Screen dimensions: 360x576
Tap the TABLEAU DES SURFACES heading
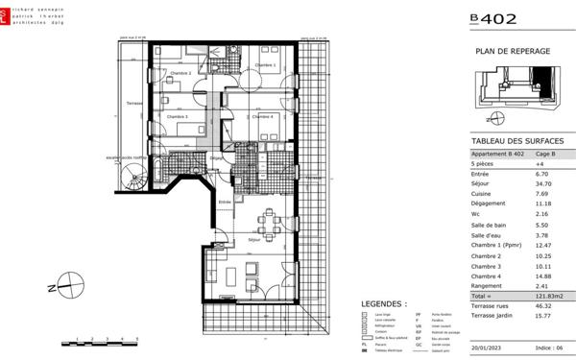point(517,140)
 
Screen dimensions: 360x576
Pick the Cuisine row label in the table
point(482,193)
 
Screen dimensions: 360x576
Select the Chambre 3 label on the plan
point(176,116)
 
